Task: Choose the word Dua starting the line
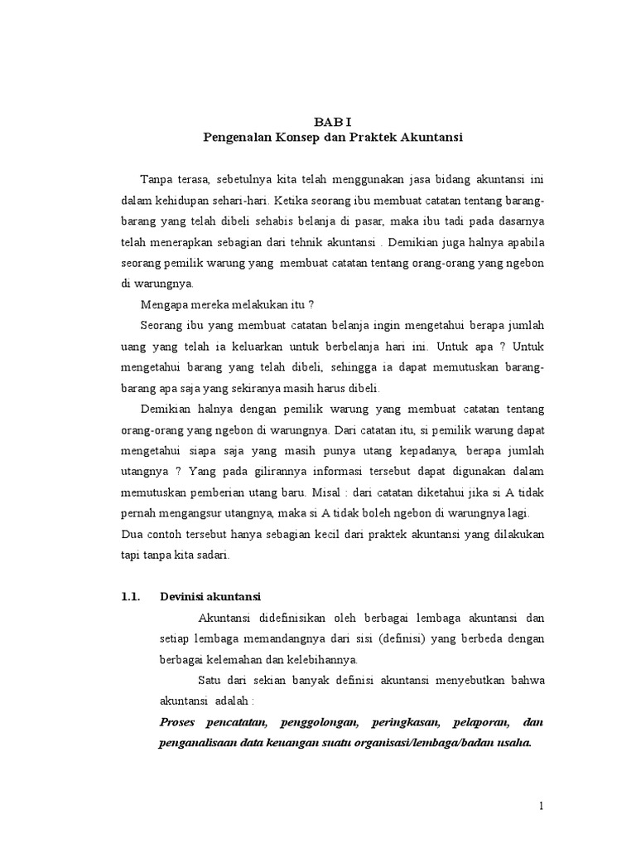coord(132,534)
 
